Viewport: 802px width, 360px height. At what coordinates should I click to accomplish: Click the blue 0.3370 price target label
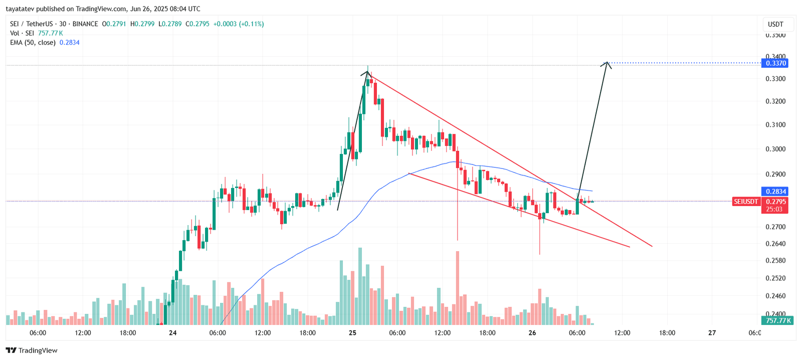coord(774,63)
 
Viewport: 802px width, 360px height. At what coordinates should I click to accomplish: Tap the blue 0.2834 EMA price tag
coord(774,192)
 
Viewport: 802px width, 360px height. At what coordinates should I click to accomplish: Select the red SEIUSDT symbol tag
coord(746,202)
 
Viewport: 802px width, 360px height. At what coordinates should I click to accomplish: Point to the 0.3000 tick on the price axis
coord(775,149)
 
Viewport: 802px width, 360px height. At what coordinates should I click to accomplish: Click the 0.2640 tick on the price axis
coord(775,244)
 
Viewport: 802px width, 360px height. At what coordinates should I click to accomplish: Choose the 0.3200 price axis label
coord(775,101)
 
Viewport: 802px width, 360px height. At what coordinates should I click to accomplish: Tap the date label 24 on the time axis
coord(172,333)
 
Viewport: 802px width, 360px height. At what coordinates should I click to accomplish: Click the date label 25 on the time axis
coord(352,333)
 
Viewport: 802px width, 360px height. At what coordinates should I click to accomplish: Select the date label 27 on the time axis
coord(712,333)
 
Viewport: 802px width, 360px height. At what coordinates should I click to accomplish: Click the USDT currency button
coord(775,24)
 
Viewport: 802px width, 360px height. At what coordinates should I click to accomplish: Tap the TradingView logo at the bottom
coord(32,350)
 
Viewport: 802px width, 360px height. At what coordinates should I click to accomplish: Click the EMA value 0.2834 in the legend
coord(69,43)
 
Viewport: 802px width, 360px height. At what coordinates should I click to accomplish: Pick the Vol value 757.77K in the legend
coord(50,33)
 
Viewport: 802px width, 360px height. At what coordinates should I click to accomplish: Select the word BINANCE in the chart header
coord(85,24)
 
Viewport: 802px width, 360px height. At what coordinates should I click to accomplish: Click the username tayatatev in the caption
coord(20,9)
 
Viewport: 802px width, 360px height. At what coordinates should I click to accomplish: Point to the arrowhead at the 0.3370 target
coord(607,63)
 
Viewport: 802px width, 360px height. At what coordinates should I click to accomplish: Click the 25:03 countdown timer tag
coord(774,209)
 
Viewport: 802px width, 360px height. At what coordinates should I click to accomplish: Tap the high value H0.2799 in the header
coord(142,24)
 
